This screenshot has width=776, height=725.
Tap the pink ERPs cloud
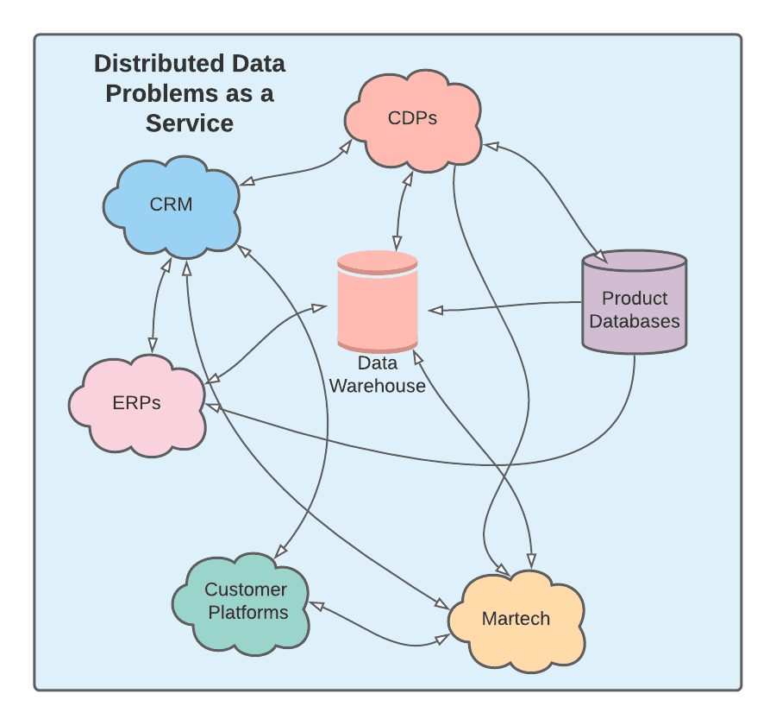[x=138, y=403]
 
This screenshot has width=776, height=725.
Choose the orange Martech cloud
[x=516, y=620]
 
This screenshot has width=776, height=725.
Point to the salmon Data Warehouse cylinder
[x=377, y=298]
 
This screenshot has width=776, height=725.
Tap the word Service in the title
[x=190, y=123]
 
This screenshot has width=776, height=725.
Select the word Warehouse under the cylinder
[x=378, y=386]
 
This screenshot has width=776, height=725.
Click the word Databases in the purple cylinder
[x=635, y=321]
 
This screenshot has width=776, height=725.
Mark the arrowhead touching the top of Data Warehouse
[x=397, y=245]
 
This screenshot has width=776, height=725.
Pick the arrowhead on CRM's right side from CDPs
[x=246, y=182]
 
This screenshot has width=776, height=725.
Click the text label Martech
[x=516, y=620]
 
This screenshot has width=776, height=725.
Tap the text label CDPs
[x=412, y=119]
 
